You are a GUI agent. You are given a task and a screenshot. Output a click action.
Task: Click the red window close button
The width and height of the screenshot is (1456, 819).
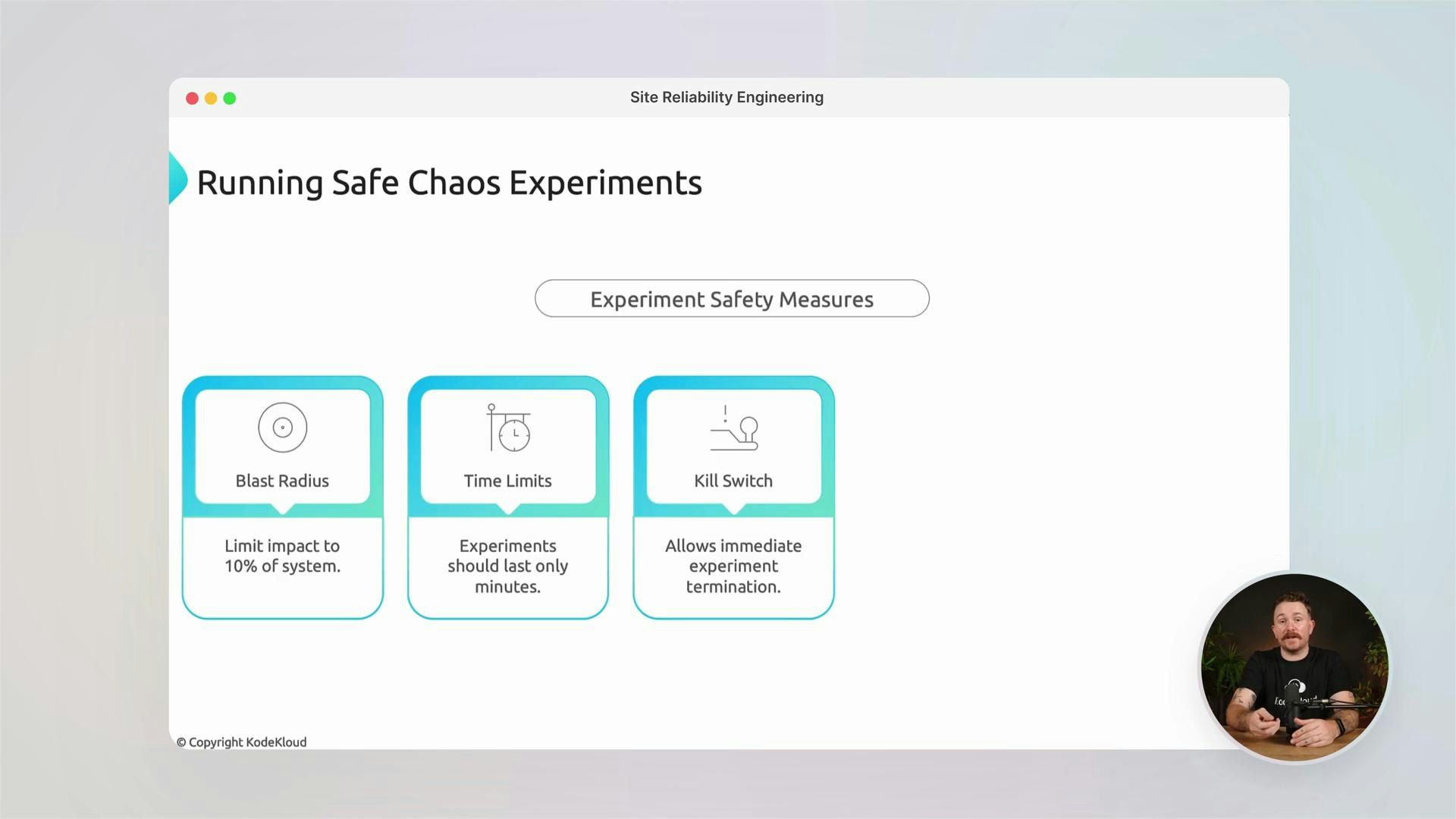click(x=192, y=99)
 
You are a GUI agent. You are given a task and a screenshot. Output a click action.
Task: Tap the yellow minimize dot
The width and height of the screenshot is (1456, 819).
click(x=211, y=99)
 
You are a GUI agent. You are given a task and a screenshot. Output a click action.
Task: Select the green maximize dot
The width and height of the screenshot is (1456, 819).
click(x=230, y=99)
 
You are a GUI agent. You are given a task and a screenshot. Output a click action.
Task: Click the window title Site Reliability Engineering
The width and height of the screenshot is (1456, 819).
click(x=726, y=97)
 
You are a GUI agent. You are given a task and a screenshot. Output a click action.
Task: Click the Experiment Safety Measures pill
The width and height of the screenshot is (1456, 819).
click(x=732, y=299)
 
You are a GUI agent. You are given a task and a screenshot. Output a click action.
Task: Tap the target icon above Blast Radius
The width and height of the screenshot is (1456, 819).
click(x=282, y=428)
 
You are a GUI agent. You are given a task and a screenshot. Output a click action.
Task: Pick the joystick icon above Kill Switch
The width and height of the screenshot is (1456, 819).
click(x=734, y=429)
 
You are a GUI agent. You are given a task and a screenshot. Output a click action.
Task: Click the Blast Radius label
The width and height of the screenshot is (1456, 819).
click(x=282, y=481)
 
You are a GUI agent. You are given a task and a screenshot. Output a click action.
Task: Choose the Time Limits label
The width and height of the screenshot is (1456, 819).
click(x=507, y=481)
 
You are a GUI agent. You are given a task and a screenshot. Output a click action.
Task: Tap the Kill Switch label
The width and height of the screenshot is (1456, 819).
click(x=733, y=481)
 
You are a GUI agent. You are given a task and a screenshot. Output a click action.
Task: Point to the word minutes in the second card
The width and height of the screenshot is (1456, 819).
click(x=507, y=587)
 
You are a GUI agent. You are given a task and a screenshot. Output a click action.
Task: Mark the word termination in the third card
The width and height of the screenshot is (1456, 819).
click(x=733, y=587)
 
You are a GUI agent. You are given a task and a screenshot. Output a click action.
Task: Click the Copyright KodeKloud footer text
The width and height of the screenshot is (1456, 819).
click(x=242, y=742)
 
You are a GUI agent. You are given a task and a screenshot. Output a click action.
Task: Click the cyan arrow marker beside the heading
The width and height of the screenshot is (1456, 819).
click(x=177, y=178)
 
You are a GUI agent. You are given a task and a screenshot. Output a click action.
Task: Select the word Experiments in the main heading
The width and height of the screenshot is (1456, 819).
click(x=605, y=183)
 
